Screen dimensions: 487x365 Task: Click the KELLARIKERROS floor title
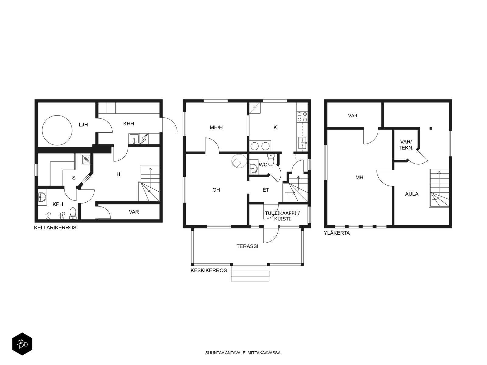pyautogui.click(x=55, y=228)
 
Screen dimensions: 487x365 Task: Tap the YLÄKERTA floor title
pyautogui.click(x=337, y=233)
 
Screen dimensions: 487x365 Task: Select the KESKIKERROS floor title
pyautogui.click(x=209, y=270)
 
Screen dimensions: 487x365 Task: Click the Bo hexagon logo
pyautogui.click(x=22, y=344)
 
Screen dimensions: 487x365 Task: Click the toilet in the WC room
pyautogui.click(x=271, y=160)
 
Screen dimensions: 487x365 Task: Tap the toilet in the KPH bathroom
pyautogui.click(x=73, y=214)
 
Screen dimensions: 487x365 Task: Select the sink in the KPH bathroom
pyautogui.click(x=42, y=197)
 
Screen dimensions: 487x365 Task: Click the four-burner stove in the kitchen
pyautogui.click(x=302, y=117)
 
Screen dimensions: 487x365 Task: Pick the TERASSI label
pyautogui.click(x=247, y=246)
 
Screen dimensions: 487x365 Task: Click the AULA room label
pyautogui.click(x=412, y=194)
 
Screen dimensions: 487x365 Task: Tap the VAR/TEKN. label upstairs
pyautogui.click(x=406, y=145)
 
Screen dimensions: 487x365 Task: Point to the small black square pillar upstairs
pyautogui.click(x=431, y=128)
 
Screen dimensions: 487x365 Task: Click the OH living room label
pyautogui.click(x=216, y=190)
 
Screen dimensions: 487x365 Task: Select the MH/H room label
pyautogui.click(x=216, y=127)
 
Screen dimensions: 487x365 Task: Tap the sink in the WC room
pyautogui.click(x=254, y=169)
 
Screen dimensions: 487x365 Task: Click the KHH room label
pyautogui.click(x=128, y=123)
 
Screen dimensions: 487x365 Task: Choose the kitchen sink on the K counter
pyautogui.click(x=302, y=143)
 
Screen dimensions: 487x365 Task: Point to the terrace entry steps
pyautogui.click(x=250, y=273)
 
